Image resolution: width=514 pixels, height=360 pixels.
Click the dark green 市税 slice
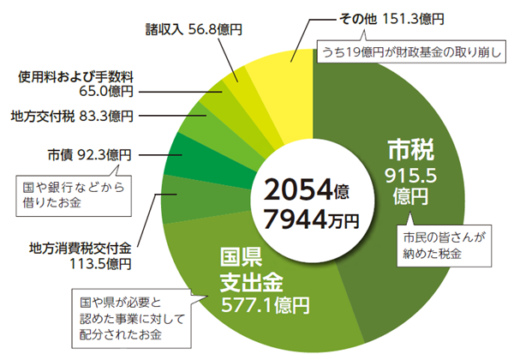coord(428,120)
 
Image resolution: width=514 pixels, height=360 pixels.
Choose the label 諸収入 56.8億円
coord(194,28)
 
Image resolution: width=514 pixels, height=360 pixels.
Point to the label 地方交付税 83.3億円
coord(72,115)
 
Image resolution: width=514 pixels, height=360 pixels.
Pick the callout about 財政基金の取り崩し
coord(409,51)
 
